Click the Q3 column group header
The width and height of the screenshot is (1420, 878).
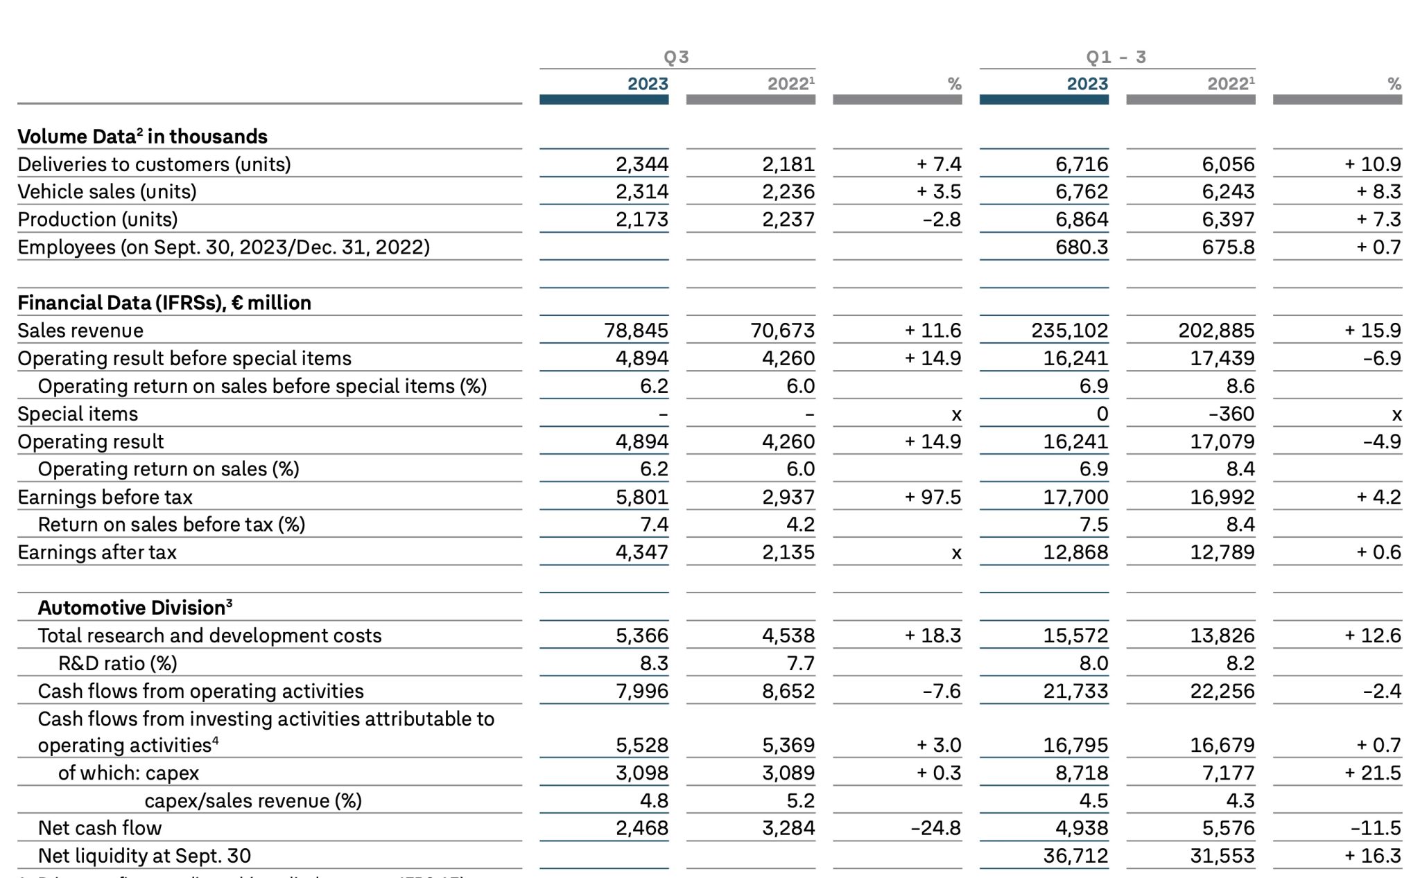coord(676,57)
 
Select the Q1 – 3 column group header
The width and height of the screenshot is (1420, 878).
coord(1116,57)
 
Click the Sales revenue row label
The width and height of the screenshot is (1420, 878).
coord(80,331)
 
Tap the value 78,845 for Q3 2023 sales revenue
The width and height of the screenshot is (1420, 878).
coord(636,331)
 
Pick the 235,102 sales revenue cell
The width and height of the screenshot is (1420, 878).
coord(1070,331)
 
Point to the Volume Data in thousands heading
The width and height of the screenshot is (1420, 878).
coord(143,136)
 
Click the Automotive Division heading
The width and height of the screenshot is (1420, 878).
coord(135,607)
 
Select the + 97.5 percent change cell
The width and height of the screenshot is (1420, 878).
coord(933,497)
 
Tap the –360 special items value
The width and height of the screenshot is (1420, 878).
coord(1231,414)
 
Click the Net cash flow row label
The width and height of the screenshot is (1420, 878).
coord(100,828)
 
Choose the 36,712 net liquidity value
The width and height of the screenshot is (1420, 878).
coord(1076,856)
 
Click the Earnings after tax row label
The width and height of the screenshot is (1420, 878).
coord(97,552)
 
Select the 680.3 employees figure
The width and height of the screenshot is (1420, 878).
coord(1082,247)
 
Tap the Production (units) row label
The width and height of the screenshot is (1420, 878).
coord(98,220)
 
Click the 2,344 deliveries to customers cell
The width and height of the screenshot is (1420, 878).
coord(642,164)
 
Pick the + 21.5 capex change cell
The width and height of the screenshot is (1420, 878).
coord(1373,773)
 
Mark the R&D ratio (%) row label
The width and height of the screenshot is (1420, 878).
coord(118,663)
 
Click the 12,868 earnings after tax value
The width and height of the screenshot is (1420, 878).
coord(1076,552)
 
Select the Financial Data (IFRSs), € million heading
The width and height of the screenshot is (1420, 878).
coord(164,303)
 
